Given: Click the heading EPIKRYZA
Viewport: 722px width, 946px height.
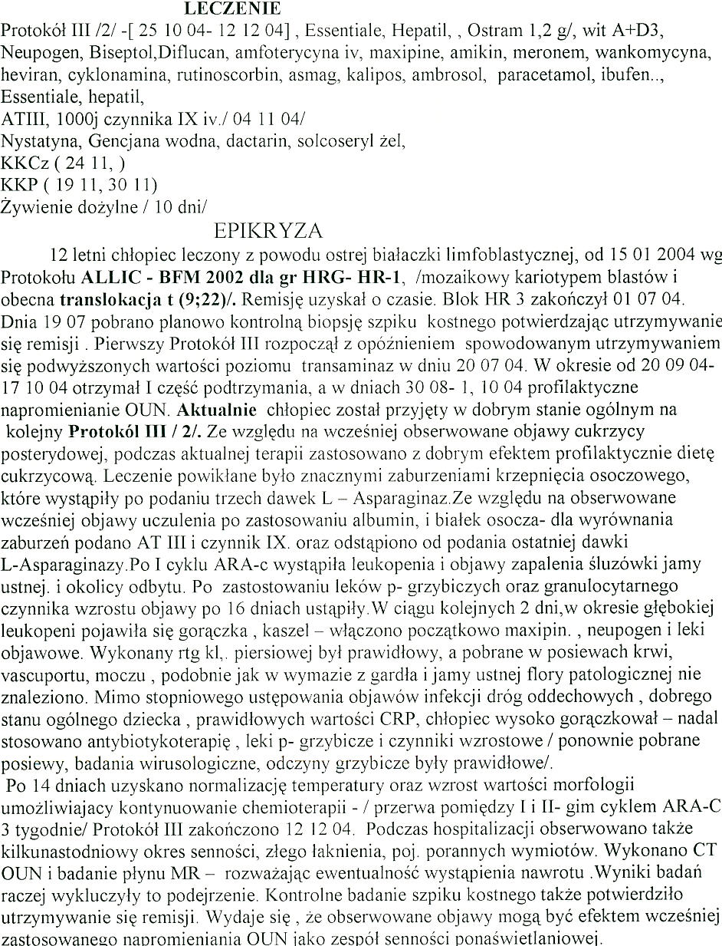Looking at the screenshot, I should [268, 231].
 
